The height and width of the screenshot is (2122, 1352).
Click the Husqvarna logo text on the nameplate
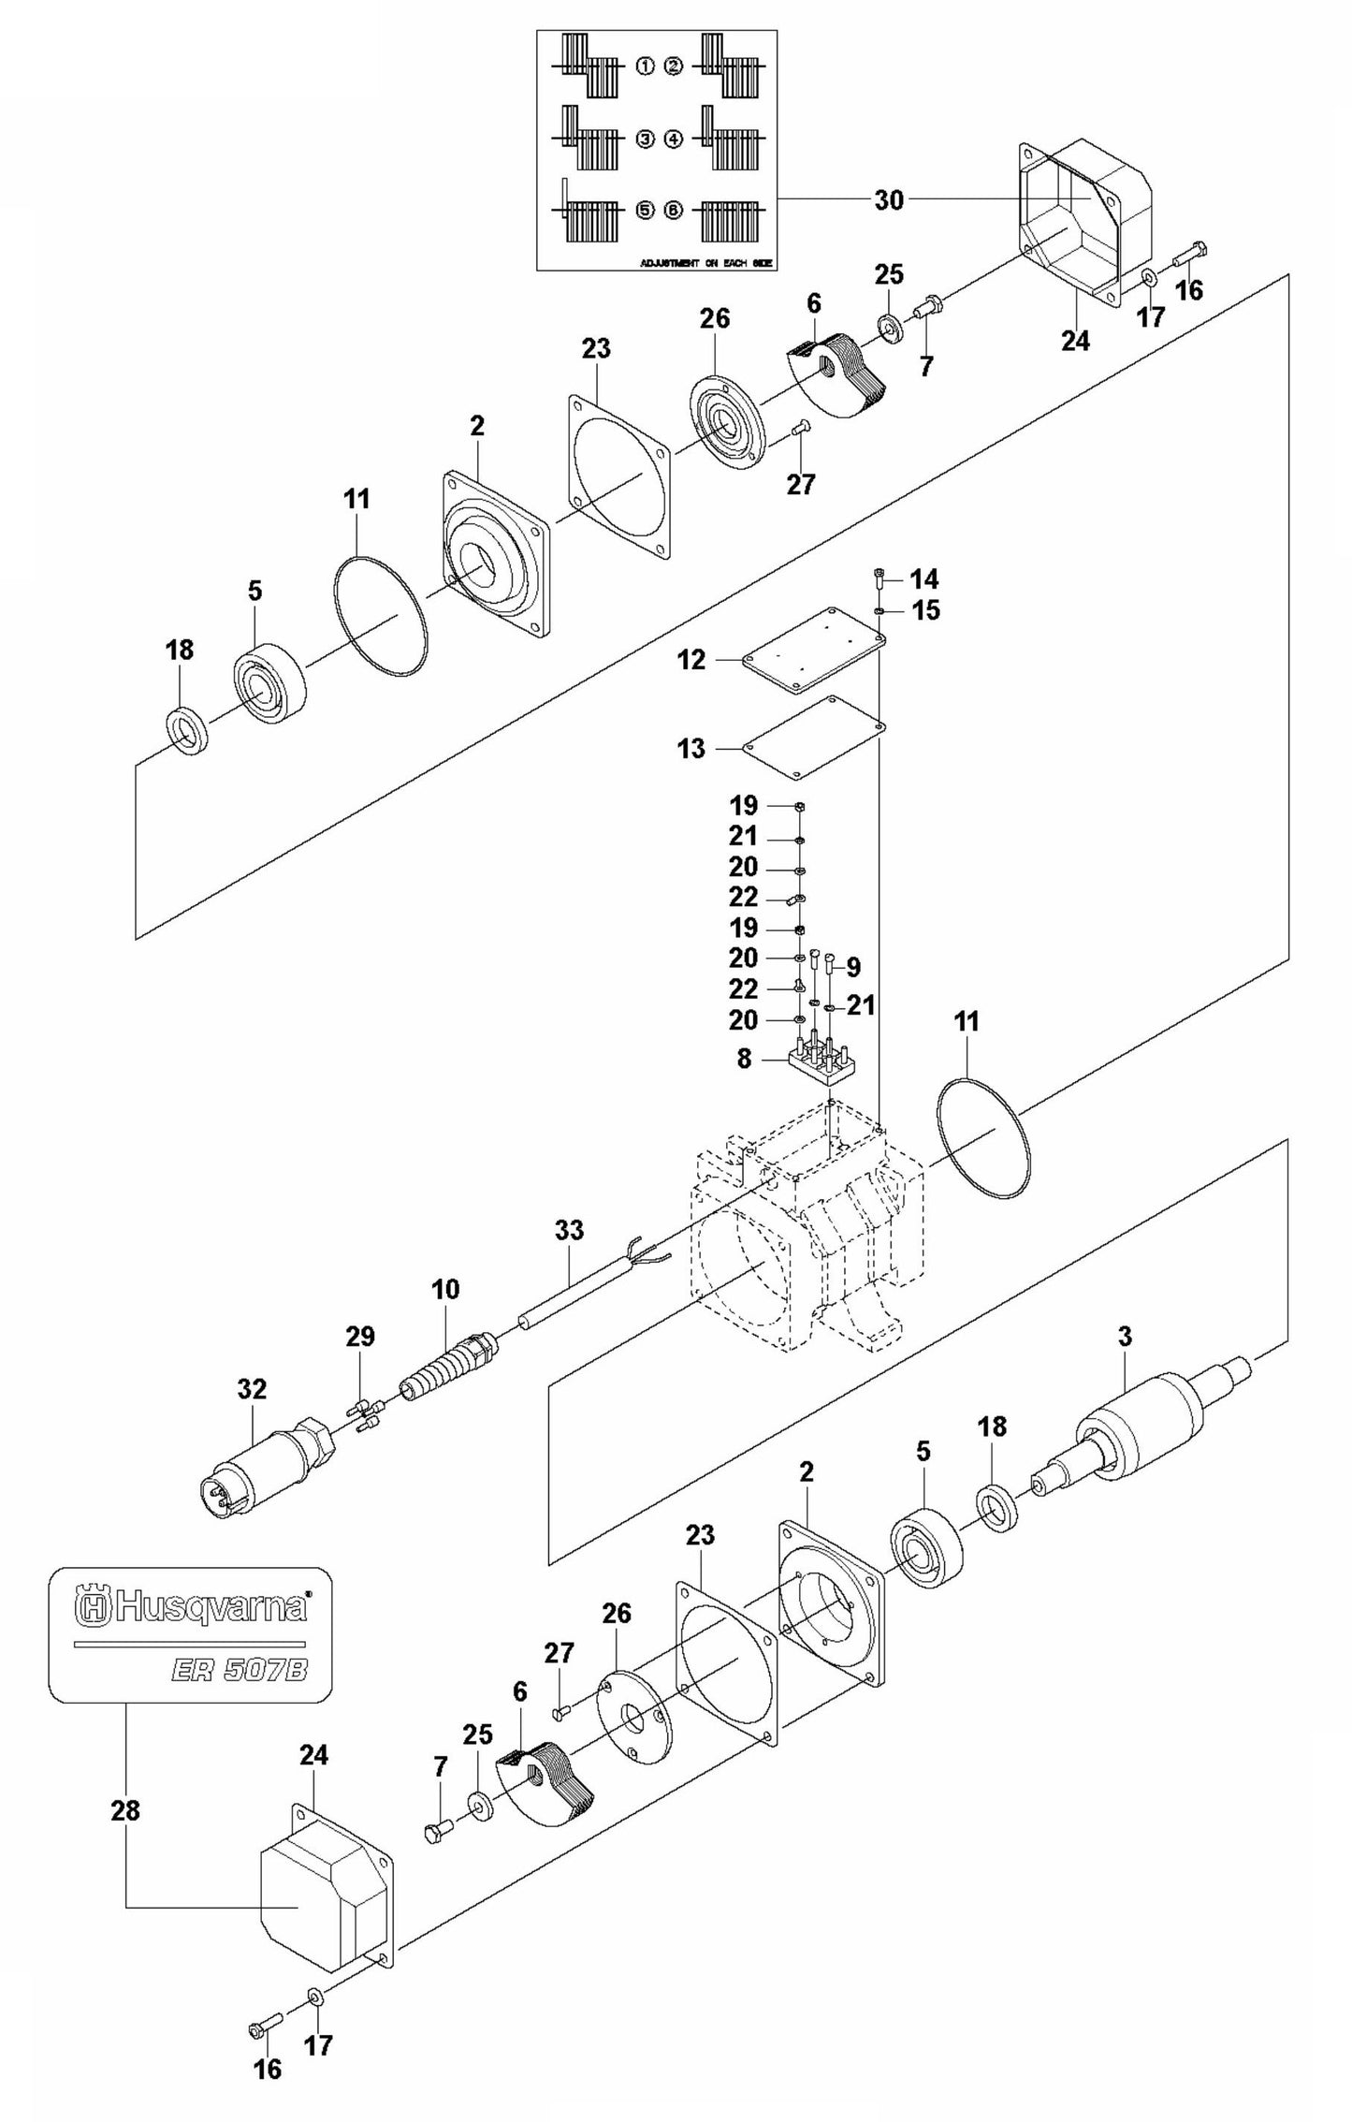pyautogui.click(x=192, y=1607)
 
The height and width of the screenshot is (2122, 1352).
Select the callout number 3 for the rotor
pyautogui.click(x=1125, y=1337)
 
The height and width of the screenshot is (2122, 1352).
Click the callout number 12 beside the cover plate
pyautogui.click(x=692, y=660)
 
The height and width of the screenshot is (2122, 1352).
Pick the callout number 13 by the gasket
pyautogui.click(x=692, y=749)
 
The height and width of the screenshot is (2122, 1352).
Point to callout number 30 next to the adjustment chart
pyautogui.click(x=889, y=199)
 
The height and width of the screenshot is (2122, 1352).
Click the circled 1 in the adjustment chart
pyautogui.click(x=644, y=66)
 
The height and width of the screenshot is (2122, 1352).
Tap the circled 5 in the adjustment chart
pyautogui.click(x=644, y=210)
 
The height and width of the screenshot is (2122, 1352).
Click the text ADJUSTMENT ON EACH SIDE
pyautogui.click(x=706, y=264)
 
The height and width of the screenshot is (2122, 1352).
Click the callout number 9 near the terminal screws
pyautogui.click(x=852, y=966)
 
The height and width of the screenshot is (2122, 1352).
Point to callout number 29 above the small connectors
pyautogui.click(x=360, y=1337)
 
